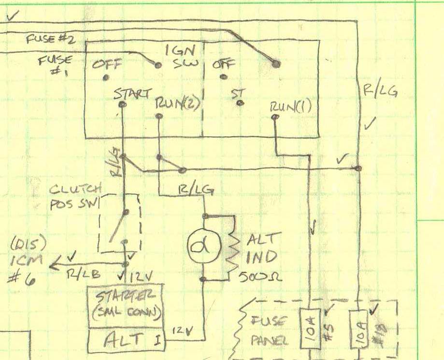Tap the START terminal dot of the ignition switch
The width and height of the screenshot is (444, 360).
(122, 104)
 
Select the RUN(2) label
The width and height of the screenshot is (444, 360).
(178, 103)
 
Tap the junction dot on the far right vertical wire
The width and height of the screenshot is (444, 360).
(358, 168)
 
